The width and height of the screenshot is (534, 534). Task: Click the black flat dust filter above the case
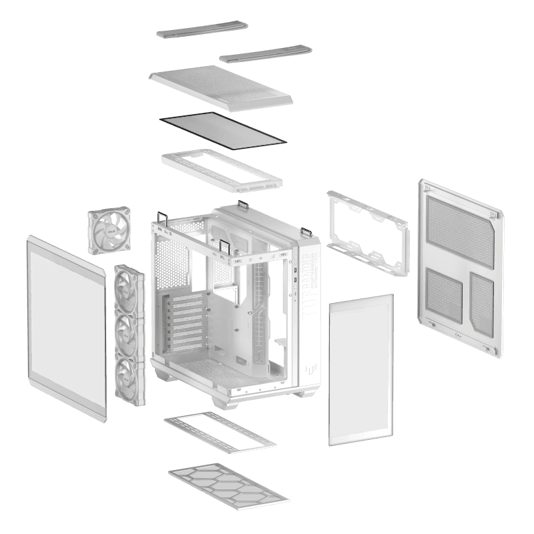[x=222, y=129]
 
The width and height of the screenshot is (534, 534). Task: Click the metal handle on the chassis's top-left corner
[x=161, y=218]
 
